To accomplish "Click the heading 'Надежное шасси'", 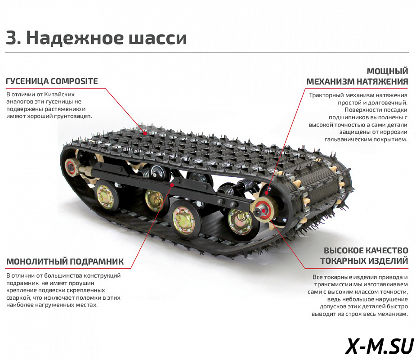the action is [107, 37].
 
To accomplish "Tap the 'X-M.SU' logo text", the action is [380, 346].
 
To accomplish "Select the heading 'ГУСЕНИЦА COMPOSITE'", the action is [52, 81].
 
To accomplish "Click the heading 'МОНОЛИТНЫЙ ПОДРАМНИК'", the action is [65, 261].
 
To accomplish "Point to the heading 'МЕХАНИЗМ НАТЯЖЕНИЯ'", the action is [357, 81].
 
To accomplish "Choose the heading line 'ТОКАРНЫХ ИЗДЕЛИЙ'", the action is [364, 261].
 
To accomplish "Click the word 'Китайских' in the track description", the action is [59, 94].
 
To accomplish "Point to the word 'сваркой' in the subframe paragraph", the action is [17, 297].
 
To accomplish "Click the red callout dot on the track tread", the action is [145, 133].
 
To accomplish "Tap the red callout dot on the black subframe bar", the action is [172, 184].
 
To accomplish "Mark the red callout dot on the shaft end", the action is [264, 211].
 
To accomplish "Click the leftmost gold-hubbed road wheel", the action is [105, 197].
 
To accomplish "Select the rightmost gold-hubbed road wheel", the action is [239, 221].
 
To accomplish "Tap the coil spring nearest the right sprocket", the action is [244, 188].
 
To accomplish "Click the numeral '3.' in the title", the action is [13, 38].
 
